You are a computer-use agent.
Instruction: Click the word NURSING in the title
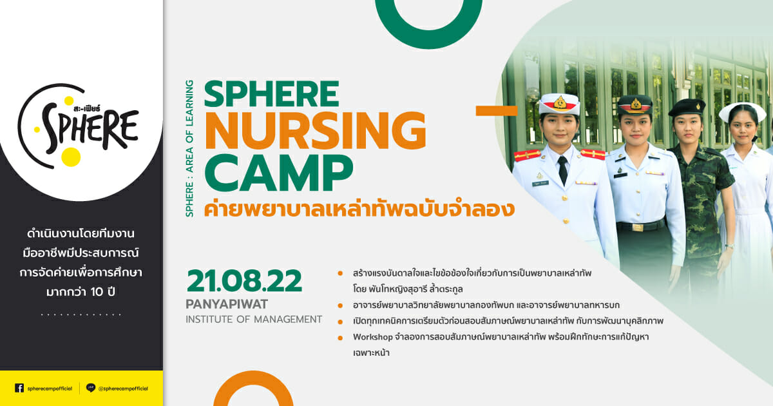[x=316, y=130]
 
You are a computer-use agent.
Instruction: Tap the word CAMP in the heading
[x=279, y=173]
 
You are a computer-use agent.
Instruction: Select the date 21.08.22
[x=244, y=282]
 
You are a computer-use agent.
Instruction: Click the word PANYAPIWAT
[x=227, y=304]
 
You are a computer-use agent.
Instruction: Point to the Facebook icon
[x=19, y=388]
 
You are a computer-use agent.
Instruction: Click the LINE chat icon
[x=90, y=388]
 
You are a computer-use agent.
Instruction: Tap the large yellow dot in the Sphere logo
[x=71, y=157]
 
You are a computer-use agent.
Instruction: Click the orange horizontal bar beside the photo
[x=497, y=110]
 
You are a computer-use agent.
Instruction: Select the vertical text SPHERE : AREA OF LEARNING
[x=189, y=148]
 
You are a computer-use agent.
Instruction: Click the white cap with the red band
[x=559, y=104]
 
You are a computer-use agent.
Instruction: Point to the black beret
[x=687, y=108]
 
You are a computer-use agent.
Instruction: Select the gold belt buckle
[x=637, y=227]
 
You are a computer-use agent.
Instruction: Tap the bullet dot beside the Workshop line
[x=340, y=338]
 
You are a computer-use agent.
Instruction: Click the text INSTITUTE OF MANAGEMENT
[x=254, y=320]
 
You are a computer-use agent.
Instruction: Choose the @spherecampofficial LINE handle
[x=123, y=389]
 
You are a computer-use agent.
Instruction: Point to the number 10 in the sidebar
[x=97, y=292]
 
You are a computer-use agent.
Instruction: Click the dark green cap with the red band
[x=635, y=104]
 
